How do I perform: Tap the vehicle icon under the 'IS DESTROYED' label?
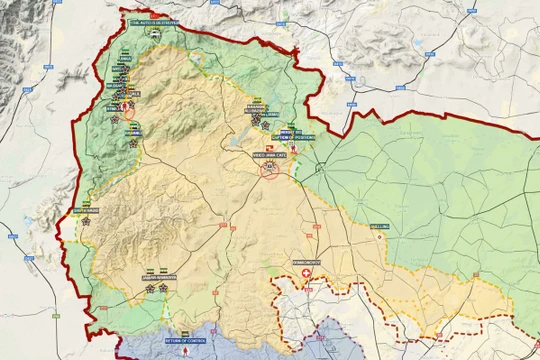coord(154,30)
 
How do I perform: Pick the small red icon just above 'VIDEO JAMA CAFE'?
coord(268,146)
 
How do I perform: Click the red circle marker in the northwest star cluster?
coord(128,112)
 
